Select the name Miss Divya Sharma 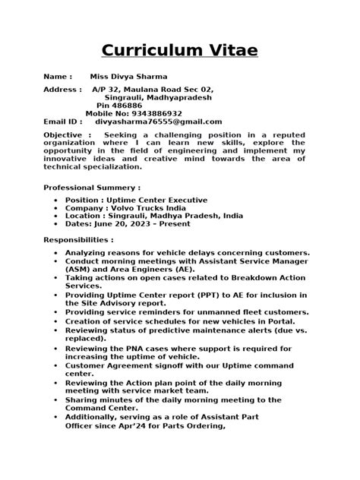tap(129, 77)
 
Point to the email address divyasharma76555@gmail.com tap(158, 122)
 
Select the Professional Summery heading tap(92, 187)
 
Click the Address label tap(62, 90)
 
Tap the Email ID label tap(62, 122)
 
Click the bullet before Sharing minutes tap(56, 399)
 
